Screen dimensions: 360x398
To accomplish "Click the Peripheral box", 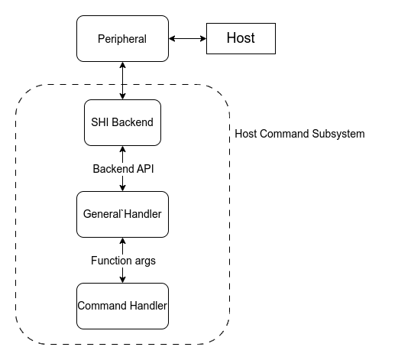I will point(122,38).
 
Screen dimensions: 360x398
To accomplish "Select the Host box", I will point(241,38).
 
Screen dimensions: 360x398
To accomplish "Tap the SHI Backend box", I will point(122,122).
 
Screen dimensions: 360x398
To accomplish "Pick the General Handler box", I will point(122,214).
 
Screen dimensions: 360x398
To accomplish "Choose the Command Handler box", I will point(122,306).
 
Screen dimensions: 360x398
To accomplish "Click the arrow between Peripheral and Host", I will point(187,38).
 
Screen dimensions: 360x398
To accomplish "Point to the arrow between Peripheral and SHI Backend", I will point(122,80).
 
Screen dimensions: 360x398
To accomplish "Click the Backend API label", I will point(122,168).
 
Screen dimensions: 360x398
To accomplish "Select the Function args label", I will point(122,261).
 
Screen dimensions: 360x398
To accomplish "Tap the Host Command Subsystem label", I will point(299,134).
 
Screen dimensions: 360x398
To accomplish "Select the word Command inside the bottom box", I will point(102,306).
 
